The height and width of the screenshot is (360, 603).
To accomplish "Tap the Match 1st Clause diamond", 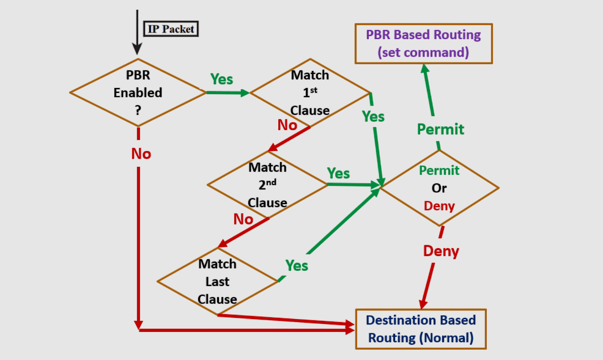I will [x=310, y=93].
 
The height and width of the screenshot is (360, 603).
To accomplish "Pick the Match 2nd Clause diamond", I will [x=267, y=185].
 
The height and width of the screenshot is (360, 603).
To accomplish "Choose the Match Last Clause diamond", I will [x=217, y=281].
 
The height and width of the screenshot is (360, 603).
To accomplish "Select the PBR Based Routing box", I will [x=423, y=43].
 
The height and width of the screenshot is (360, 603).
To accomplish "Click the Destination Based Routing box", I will [x=421, y=329].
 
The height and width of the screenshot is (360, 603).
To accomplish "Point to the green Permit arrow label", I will [x=440, y=129].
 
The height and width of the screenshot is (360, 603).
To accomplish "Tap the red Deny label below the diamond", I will [x=441, y=251].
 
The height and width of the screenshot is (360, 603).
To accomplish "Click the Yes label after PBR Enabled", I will [x=221, y=79].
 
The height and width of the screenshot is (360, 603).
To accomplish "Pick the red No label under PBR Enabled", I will [x=141, y=154].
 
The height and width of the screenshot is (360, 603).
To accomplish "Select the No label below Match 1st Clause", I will [x=287, y=125].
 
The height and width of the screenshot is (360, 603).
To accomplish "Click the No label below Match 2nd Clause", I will [x=243, y=219].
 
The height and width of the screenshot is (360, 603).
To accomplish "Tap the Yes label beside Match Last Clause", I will [x=297, y=265].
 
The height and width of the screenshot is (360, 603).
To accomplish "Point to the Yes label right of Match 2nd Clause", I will [x=338, y=173].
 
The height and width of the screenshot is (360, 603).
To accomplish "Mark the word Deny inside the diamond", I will [x=439, y=206].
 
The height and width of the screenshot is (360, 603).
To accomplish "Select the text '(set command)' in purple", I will [x=423, y=53].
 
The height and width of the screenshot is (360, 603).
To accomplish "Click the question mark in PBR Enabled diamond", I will [x=138, y=111].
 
